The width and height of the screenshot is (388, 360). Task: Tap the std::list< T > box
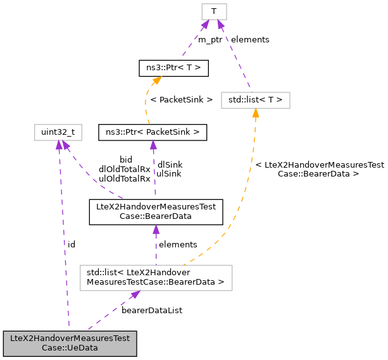click(x=255, y=99)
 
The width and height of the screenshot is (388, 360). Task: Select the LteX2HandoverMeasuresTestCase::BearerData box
click(x=156, y=211)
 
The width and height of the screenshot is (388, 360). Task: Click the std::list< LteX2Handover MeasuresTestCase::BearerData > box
click(x=156, y=277)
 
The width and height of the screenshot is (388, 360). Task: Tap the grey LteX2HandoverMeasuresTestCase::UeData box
click(x=70, y=343)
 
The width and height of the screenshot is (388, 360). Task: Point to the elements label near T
click(x=250, y=40)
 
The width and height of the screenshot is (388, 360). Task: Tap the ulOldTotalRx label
click(x=124, y=178)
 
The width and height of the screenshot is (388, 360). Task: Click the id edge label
click(x=72, y=244)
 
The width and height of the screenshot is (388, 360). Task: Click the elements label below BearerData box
click(x=178, y=244)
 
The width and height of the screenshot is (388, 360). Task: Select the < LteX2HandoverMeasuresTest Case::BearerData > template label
click(x=319, y=169)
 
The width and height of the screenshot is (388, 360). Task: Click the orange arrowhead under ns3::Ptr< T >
click(x=156, y=80)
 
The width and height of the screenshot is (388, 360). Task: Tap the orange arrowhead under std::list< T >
click(x=255, y=113)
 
